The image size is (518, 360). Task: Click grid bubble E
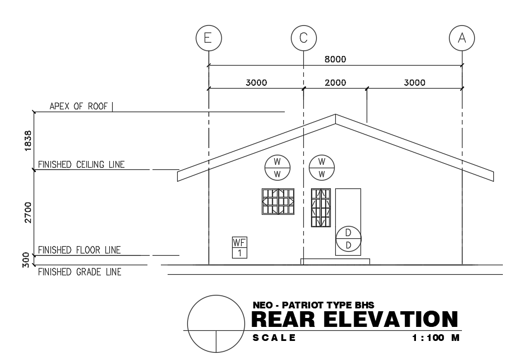tap(208, 38)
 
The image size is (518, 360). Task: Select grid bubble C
tap(303, 38)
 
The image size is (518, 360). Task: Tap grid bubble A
tap(462, 38)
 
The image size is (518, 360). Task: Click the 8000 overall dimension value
tap(335, 59)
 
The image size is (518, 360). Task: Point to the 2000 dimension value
tap(336, 83)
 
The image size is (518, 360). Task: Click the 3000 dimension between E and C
tap(256, 83)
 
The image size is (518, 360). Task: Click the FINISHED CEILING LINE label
tap(81, 164)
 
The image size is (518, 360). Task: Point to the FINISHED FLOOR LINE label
tap(79, 250)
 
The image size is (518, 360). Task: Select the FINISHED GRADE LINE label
tap(79, 272)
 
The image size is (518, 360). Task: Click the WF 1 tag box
tap(239, 247)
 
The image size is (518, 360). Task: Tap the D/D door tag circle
tap(348, 239)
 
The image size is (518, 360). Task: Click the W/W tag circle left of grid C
tap(277, 167)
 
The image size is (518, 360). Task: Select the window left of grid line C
tap(278, 201)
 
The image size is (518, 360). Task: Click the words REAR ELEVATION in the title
tap(355, 320)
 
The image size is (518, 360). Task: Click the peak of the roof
tap(335, 116)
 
